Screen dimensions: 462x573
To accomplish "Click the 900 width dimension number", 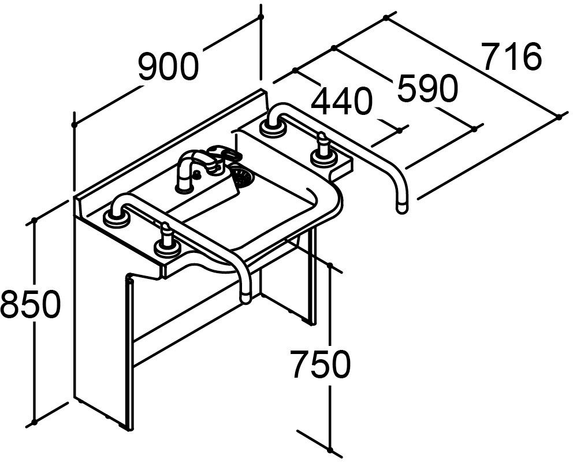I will coord(168,67).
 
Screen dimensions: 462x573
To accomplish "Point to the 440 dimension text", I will coord(341,102).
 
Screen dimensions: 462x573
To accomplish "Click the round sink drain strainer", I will coord(242,176).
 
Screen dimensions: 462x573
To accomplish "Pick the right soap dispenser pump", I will coord(322,147).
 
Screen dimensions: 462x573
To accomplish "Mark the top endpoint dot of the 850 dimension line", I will coord(35,220).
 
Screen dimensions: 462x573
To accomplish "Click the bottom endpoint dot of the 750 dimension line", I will coord(330,449).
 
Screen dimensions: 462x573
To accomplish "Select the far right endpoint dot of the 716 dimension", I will coord(559,117).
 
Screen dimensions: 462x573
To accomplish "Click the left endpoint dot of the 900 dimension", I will coord(75,124).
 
